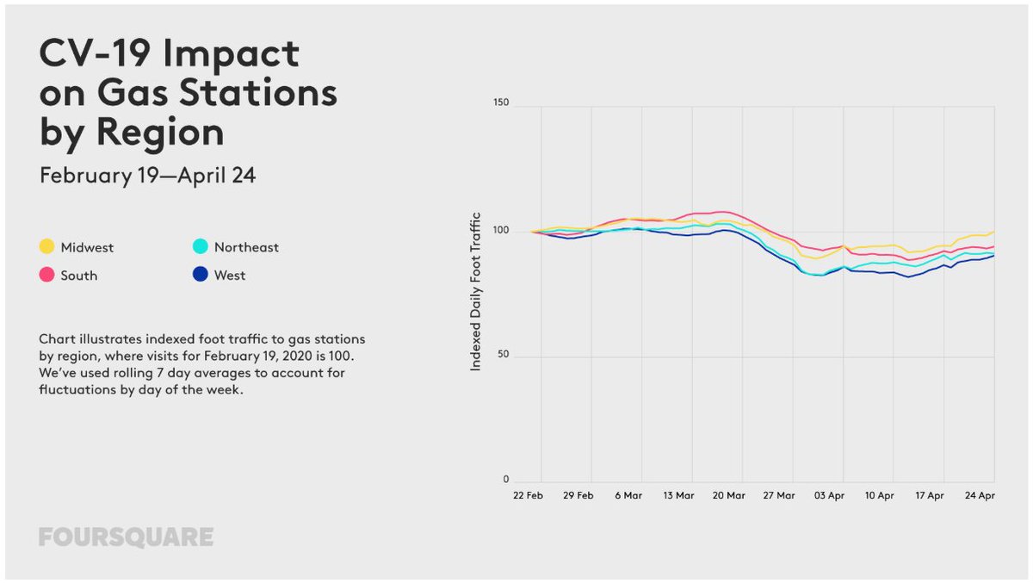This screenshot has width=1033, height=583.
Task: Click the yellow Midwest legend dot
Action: click(46, 247)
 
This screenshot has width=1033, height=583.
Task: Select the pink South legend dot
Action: click(46, 276)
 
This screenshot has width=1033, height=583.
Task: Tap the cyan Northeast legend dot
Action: click(200, 247)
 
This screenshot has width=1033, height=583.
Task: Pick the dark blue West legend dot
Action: click(200, 276)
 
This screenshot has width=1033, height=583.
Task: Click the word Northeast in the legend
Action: click(247, 247)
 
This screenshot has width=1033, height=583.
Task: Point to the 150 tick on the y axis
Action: click(500, 103)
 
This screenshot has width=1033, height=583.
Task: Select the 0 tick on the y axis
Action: click(506, 479)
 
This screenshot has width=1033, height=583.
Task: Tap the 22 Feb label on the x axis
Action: click(527, 496)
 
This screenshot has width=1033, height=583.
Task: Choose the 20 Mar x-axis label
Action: click(728, 496)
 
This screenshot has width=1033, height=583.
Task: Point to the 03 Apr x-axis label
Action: click(830, 496)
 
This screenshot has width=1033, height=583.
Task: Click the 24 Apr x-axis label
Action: click(980, 496)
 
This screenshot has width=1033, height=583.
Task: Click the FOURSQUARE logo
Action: click(126, 537)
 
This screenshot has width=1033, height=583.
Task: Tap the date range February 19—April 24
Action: click(147, 176)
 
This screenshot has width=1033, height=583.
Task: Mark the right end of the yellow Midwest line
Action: click(994, 231)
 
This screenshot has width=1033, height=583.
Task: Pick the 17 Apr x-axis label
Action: click(930, 496)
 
